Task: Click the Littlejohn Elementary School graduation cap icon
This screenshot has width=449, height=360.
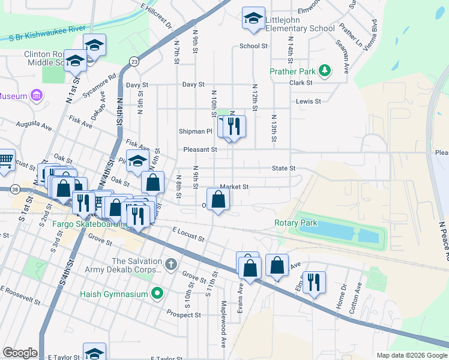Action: coord(253,17)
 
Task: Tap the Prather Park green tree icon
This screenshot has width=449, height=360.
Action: coord(325,71)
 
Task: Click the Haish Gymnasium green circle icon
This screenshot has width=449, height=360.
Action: coord(157,293)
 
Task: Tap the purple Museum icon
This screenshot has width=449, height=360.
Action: coord(37,95)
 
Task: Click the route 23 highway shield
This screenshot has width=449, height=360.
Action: coord(134,61)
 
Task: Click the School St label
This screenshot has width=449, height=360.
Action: coord(253,46)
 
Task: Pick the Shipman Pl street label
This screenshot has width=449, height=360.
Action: coord(196,131)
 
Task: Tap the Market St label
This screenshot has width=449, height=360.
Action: coord(234,187)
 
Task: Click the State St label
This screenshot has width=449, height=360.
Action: coord(284,169)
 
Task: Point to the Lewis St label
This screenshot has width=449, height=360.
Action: coord(309,101)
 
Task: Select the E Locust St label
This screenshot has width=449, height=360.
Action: coord(188,233)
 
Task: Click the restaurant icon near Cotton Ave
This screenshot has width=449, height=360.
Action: coord(314,281)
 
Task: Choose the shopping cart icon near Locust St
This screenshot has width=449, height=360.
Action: coord(5,159)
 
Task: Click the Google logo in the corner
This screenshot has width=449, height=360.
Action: coord(20,353)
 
